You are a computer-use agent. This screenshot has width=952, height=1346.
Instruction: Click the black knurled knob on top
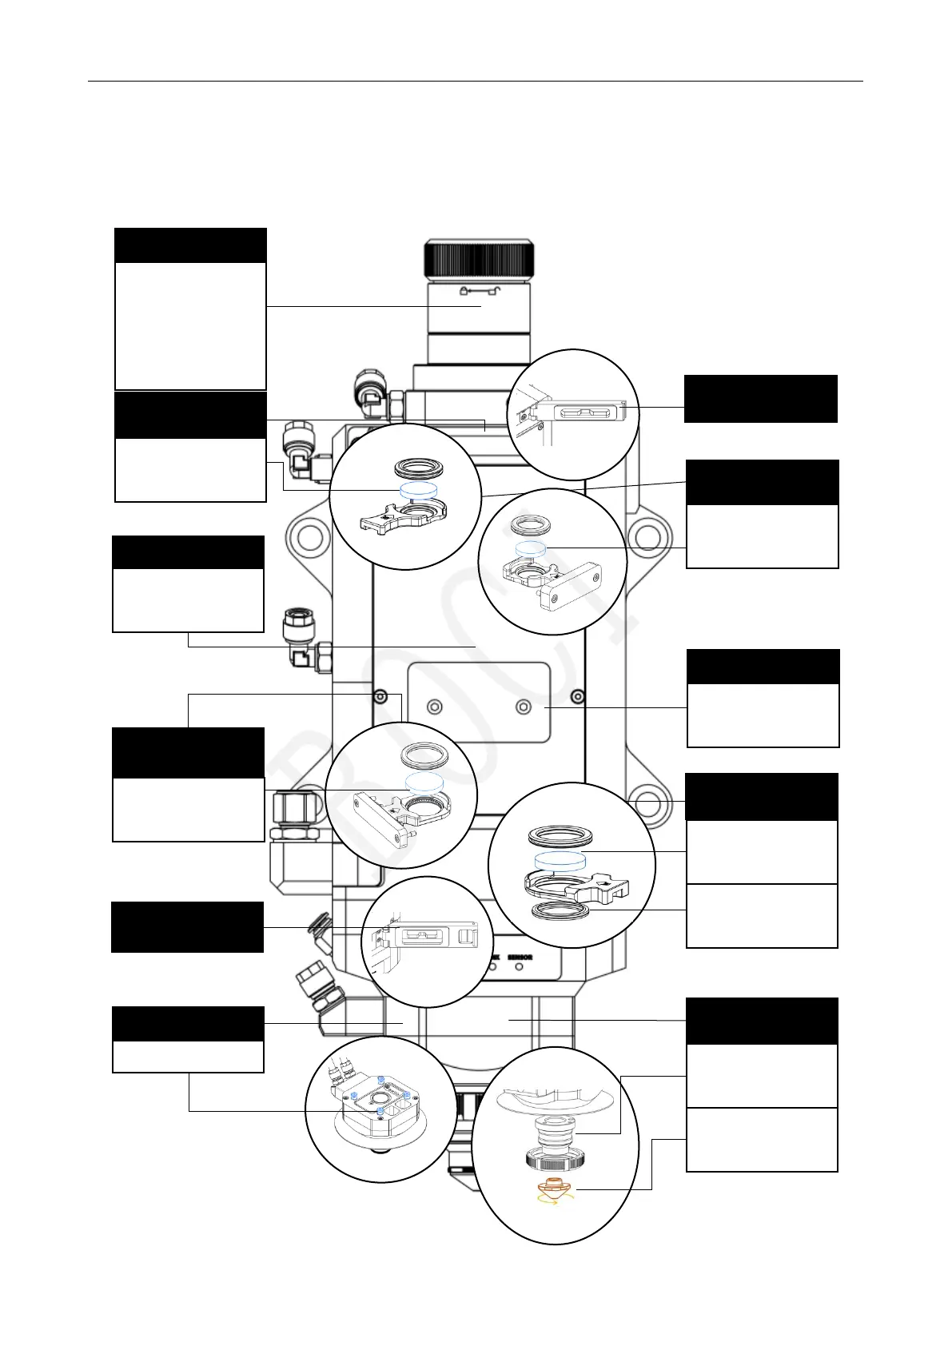coord(479,258)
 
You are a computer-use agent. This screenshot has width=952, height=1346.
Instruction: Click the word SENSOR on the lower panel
coord(520,957)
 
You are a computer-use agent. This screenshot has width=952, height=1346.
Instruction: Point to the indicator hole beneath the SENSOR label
coord(520,967)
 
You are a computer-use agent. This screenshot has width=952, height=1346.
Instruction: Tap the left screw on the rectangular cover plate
coord(435,707)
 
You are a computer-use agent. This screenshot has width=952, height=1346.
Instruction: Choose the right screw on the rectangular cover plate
coord(524,707)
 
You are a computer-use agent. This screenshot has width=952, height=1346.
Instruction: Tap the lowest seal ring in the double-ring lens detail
coord(560,911)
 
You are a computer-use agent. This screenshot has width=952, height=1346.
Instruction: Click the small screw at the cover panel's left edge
coord(381,695)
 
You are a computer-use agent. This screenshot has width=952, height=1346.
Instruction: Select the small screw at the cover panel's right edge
coord(577,695)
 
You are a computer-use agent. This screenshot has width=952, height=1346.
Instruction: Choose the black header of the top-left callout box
coord(190,245)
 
